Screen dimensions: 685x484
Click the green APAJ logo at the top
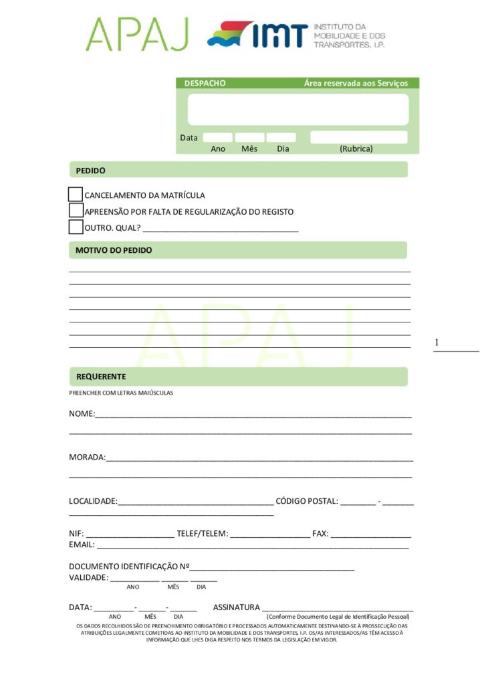click(138, 34)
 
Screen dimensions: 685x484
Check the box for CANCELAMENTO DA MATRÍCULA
click(76, 195)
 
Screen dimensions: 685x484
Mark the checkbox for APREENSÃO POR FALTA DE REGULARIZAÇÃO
click(76, 211)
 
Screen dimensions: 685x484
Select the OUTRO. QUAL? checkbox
click(76, 227)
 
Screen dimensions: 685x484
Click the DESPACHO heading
click(205, 84)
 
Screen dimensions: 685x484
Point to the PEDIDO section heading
click(90, 171)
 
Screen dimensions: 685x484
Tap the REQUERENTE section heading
click(101, 377)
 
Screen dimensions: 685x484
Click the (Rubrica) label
click(356, 149)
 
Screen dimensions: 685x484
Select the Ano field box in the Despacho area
click(218, 138)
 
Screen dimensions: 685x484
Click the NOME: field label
click(82, 414)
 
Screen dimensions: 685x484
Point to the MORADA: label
click(87, 458)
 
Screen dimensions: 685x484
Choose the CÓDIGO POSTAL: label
click(307, 501)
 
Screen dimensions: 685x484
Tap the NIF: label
click(76, 534)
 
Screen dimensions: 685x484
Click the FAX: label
click(320, 534)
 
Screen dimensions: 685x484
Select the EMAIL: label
click(82, 545)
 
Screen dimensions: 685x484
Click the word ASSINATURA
click(236, 607)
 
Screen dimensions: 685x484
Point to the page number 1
click(437, 343)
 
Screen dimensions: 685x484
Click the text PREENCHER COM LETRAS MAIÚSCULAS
click(121, 393)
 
